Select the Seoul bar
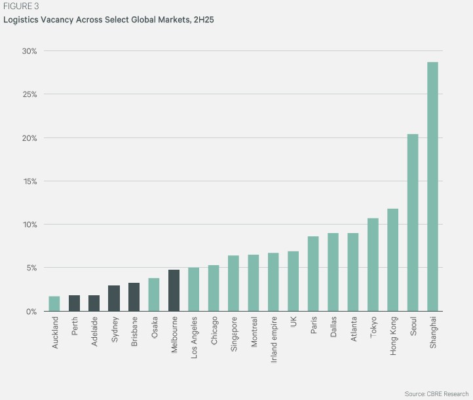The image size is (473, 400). point(413,223)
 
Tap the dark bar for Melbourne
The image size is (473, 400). point(174,291)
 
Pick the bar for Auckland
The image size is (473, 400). point(54,304)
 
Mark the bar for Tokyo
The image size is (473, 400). point(373,264)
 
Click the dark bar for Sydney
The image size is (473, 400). point(114,299)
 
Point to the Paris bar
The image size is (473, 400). point(313,274)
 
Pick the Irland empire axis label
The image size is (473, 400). point(273,336)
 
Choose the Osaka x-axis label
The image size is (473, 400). point(154,327)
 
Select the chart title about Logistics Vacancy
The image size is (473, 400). point(109,20)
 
